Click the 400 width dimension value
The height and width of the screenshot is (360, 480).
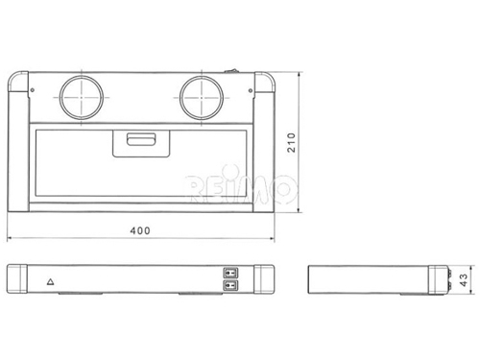(x=140, y=230)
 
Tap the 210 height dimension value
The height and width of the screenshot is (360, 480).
(x=292, y=143)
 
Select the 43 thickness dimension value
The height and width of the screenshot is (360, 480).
(x=464, y=280)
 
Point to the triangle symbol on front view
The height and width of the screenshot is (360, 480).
(x=51, y=281)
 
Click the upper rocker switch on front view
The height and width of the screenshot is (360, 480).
(x=230, y=273)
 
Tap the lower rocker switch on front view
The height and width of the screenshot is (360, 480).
(x=230, y=284)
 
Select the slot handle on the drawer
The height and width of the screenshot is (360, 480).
(x=141, y=139)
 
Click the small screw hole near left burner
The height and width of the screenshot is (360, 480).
(x=33, y=90)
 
